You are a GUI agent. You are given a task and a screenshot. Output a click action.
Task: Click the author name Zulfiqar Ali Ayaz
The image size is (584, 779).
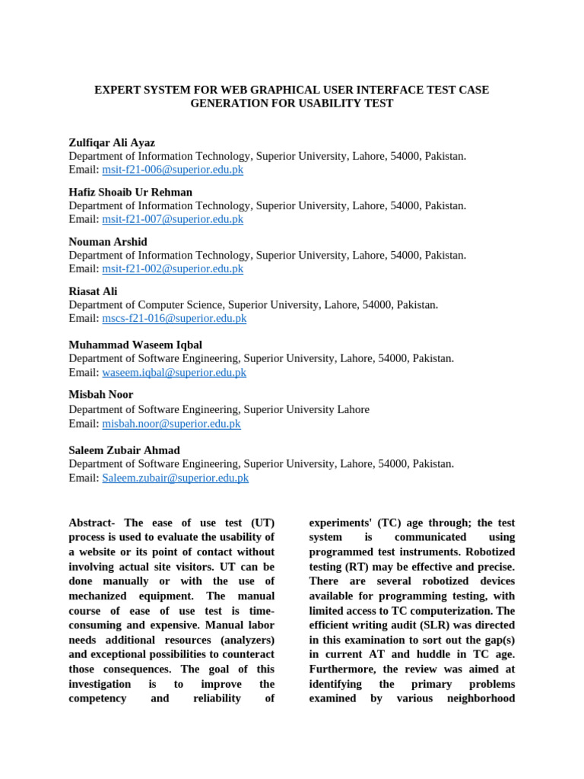(x=112, y=142)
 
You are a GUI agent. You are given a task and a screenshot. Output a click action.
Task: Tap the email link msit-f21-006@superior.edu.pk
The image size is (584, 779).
(x=173, y=170)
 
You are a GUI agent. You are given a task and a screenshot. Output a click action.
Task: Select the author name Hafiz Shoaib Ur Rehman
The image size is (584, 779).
(x=130, y=192)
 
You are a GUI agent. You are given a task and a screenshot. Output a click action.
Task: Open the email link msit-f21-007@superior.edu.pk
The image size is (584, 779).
(x=173, y=219)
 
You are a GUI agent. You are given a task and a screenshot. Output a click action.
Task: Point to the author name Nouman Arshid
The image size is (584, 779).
(x=108, y=242)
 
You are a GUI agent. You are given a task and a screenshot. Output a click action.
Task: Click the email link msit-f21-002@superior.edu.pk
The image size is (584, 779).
(x=173, y=269)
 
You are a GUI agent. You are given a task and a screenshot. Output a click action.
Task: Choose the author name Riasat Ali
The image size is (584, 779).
(x=93, y=291)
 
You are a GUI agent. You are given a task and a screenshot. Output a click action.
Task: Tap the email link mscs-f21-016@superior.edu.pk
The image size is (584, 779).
(x=174, y=318)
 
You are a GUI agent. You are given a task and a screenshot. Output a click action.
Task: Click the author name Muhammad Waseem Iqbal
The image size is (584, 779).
(x=135, y=345)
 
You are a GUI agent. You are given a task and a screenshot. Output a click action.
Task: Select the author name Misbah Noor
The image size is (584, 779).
(x=100, y=394)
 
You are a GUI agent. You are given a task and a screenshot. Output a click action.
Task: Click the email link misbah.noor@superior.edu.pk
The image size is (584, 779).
(x=171, y=424)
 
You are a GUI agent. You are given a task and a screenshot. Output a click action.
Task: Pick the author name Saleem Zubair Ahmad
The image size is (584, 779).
(x=124, y=450)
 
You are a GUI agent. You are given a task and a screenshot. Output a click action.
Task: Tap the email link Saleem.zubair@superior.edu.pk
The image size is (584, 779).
(x=175, y=478)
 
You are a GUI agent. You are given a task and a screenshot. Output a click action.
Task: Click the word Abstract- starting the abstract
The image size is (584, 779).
(x=94, y=523)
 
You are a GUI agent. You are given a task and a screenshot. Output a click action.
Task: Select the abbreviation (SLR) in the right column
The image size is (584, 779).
(x=427, y=625)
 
